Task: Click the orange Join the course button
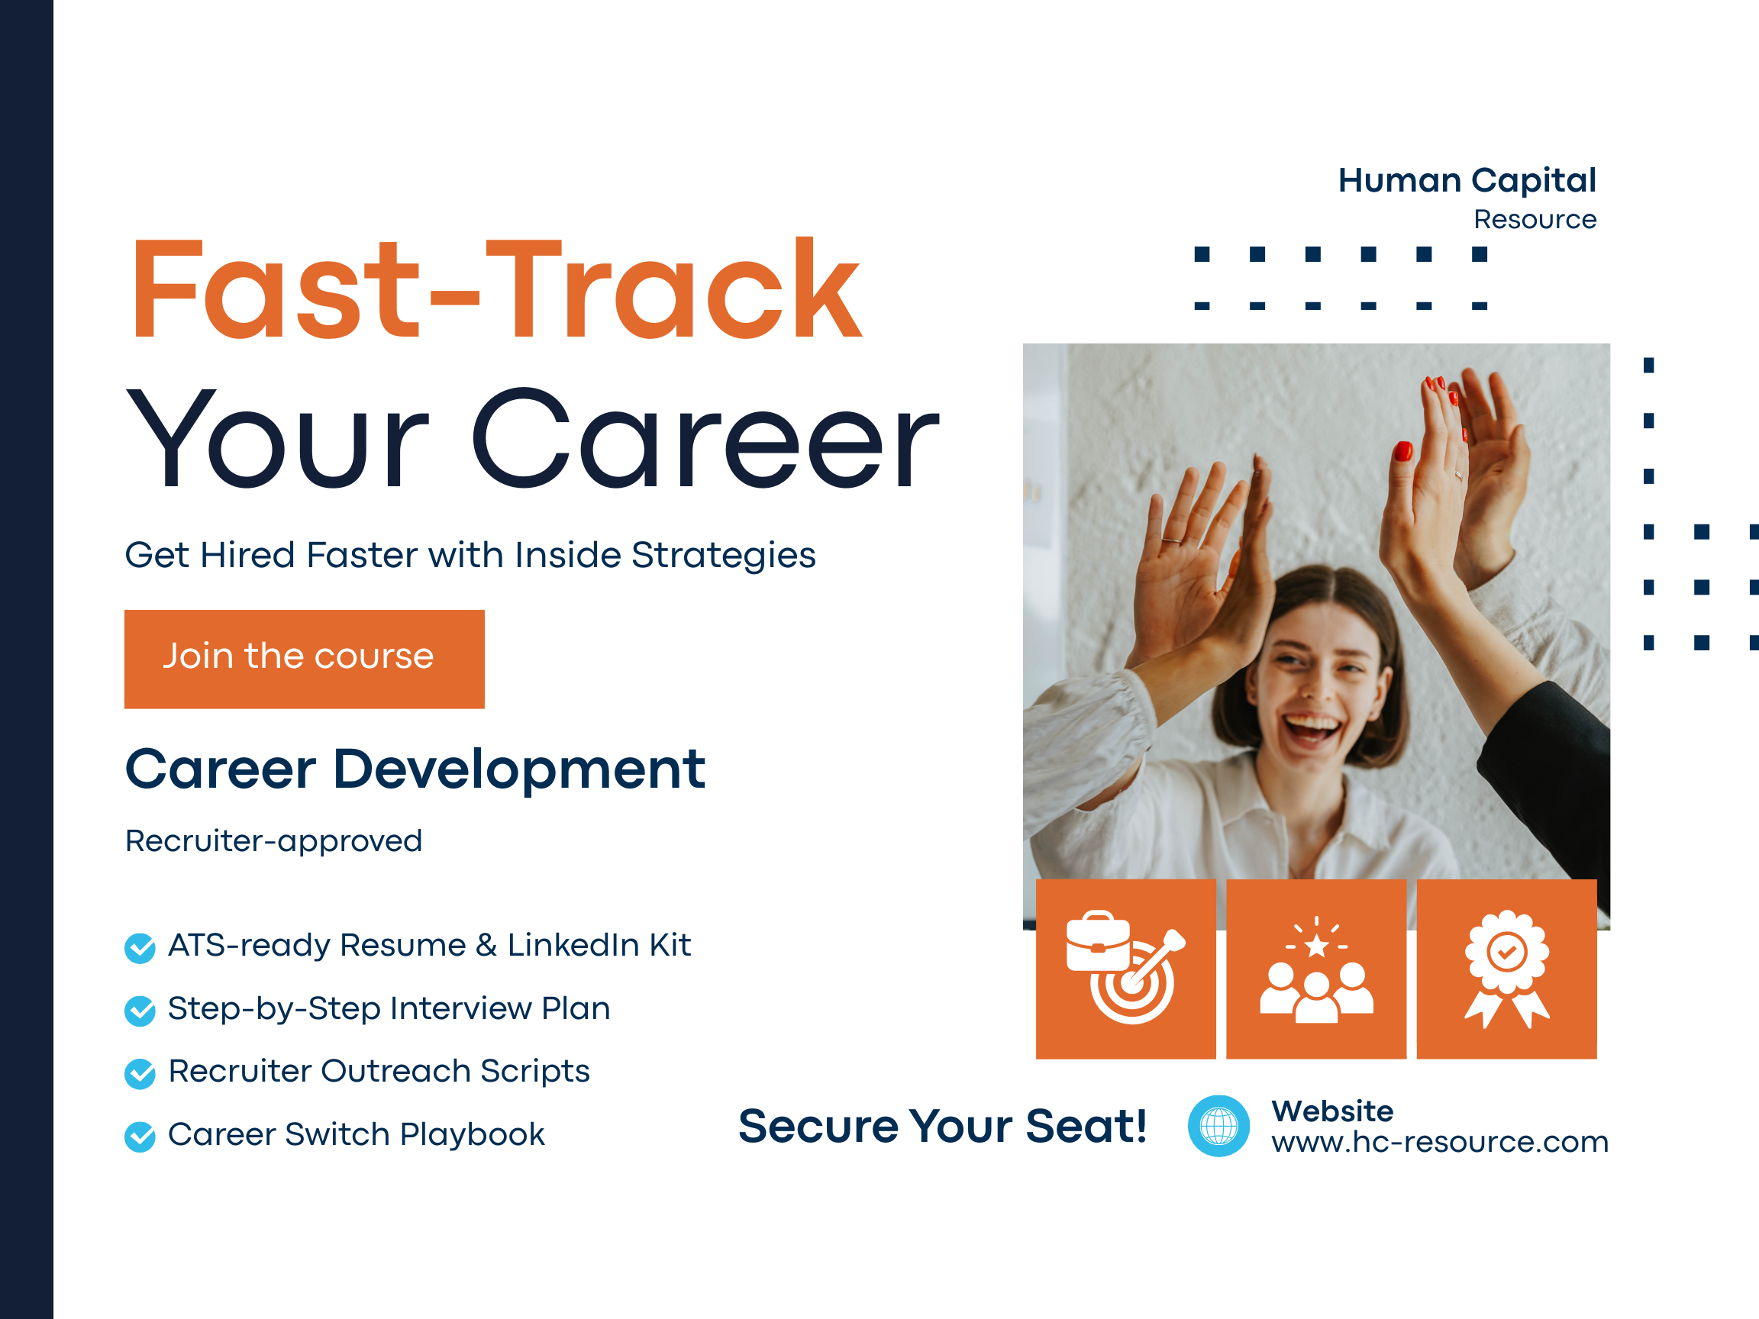pos(305,659)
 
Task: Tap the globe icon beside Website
pos(1218,1126)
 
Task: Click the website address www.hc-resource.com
pos(1439,1142)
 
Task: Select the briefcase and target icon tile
pos(1125,969)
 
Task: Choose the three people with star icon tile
pos(1316,969)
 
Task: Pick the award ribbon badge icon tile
pos(1507,969)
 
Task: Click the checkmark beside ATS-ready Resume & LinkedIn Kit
pos(140,948)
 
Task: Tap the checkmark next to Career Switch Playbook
pos(140,1137)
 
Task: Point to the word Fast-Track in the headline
pos(496,289)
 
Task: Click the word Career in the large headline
pos(706,438)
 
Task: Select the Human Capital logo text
pos(1467,181)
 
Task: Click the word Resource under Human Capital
pos(1535,219)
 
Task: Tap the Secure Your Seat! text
pos(942,1127)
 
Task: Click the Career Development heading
pos(415,769)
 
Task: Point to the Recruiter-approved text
pos(273,841)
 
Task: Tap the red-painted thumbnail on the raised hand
pos(1402,451)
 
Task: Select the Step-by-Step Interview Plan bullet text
pos(389,1009)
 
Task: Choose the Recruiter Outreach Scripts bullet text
pos(379,1072)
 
